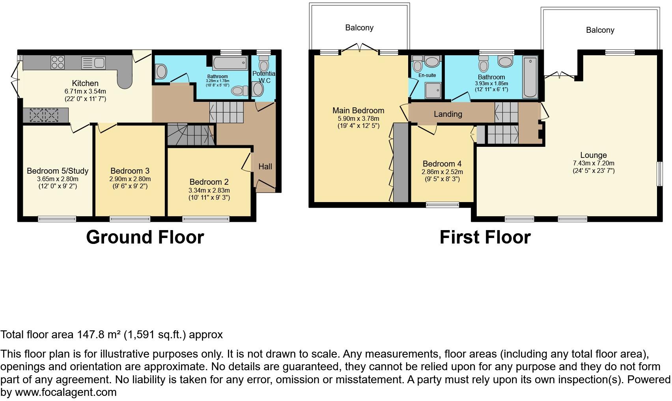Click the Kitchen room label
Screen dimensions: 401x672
coord(85,83)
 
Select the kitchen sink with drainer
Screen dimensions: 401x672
coord(93,63)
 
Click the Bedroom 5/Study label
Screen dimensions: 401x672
coord(58,171)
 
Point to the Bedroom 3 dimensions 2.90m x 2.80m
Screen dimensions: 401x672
coord(130,179)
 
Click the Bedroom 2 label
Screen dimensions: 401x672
coord(209,182)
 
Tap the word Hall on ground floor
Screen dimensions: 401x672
coord(265,167)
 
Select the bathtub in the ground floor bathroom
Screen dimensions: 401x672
coord(230,63)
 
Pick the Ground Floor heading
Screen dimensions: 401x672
coord(145,237)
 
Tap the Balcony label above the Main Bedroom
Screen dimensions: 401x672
coord(359,28)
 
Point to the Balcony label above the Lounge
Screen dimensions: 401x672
coord(600,30)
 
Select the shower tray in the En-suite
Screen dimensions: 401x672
coord(433,90)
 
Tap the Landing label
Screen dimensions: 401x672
coord(448,114)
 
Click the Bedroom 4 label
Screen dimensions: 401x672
coord(442,164)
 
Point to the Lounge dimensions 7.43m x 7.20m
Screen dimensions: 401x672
coord(594,163)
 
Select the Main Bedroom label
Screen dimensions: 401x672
coord(358,111)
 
